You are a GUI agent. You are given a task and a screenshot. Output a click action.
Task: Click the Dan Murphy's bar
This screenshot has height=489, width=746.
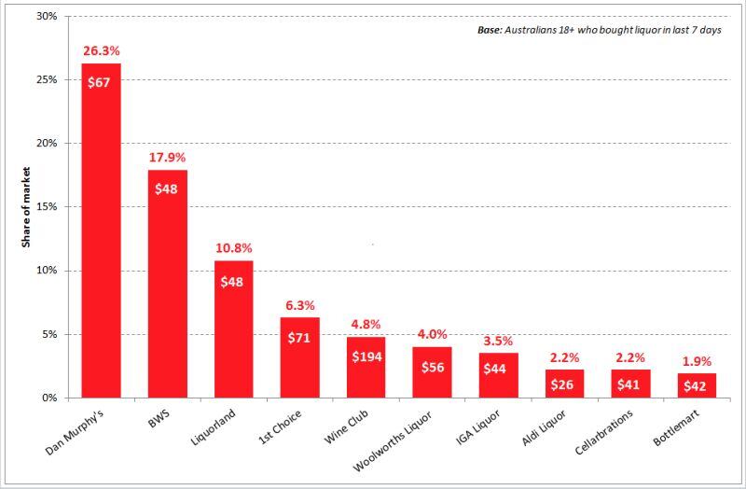(x=101, y=233)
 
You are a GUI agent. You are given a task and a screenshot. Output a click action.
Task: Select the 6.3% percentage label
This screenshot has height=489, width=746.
(x=299, y=305)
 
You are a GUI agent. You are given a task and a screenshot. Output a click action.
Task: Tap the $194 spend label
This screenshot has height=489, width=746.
(x=366, y=356)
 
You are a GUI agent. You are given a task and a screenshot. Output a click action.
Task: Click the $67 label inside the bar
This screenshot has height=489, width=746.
(x=100, y=82)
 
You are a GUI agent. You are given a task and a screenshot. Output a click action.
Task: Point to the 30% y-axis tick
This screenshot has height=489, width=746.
(x=46, y=17)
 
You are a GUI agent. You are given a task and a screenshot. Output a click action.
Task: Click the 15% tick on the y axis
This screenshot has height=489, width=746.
(x=46, y=207)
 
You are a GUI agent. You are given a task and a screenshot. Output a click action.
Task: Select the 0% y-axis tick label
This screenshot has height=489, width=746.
(x=49, y=398)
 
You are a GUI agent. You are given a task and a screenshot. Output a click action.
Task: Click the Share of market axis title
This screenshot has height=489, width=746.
(x=26, y=207)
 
